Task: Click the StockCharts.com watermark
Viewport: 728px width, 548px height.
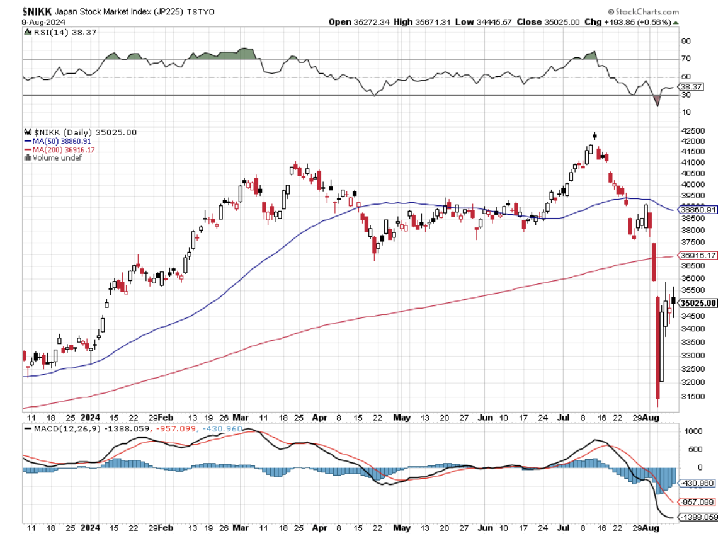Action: tap(643, 12)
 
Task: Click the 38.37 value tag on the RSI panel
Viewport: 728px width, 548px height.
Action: tap(691, 86)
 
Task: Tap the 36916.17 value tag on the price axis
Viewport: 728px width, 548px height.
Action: tap(699, 255)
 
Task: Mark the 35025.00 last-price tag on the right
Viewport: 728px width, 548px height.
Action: tap(699, 303)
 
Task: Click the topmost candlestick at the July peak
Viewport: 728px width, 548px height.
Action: tap(594, 135)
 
